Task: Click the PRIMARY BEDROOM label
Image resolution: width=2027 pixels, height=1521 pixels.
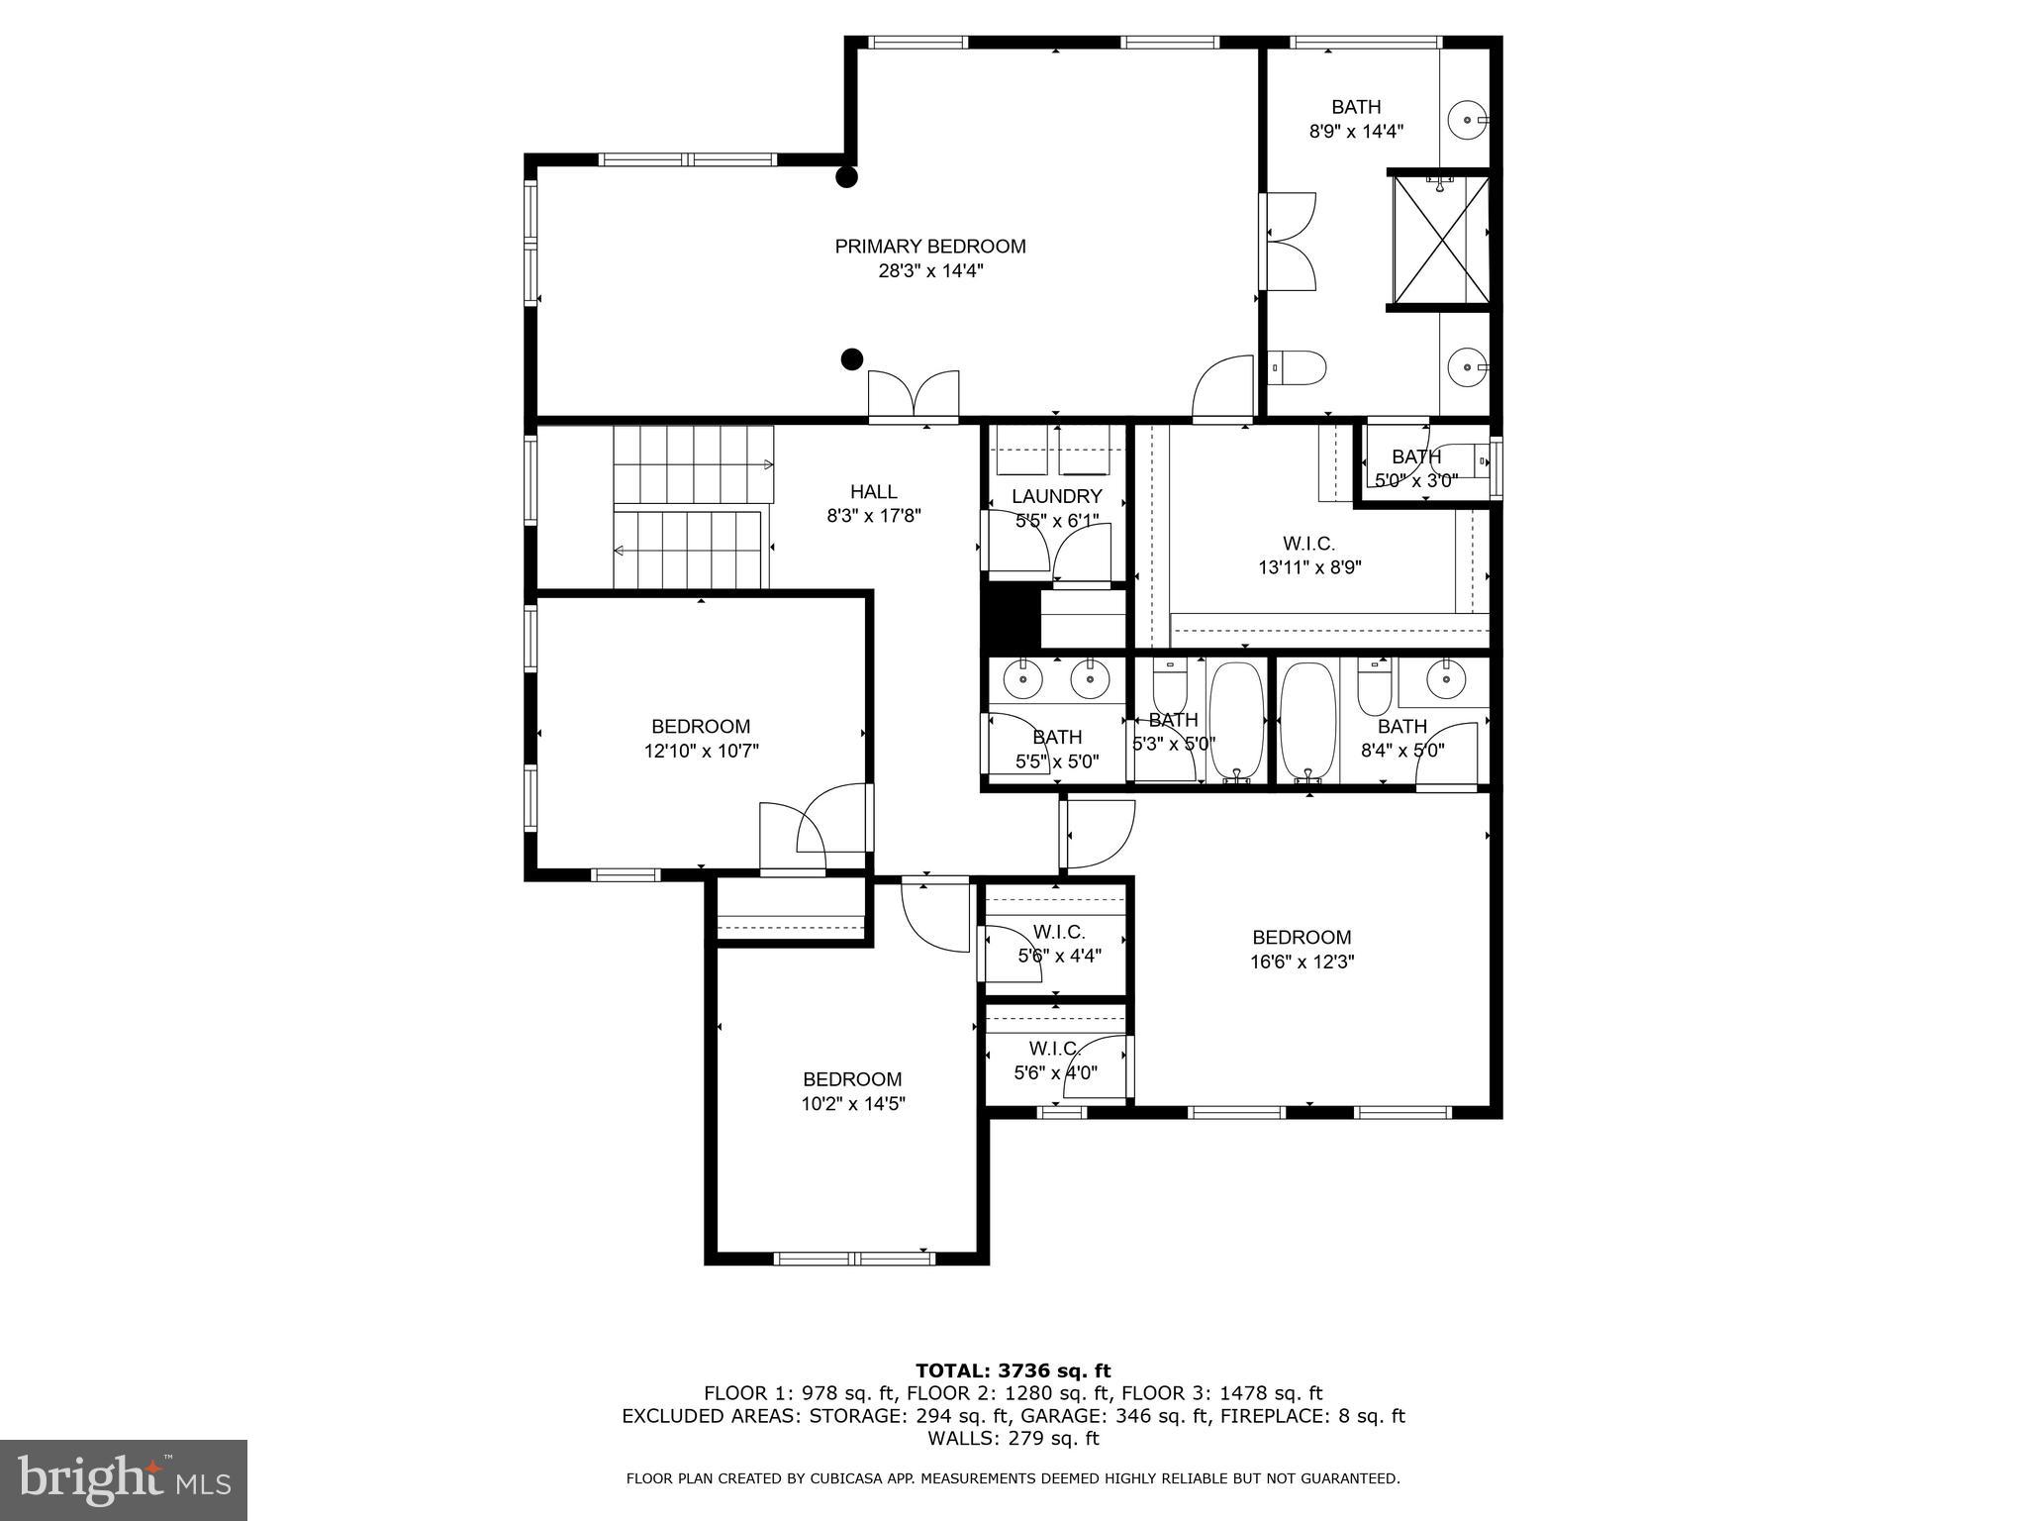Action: click(929, 247)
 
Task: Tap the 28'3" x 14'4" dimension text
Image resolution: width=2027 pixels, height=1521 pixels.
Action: click(929, 270)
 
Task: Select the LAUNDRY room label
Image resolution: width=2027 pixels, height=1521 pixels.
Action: click(1056, 496)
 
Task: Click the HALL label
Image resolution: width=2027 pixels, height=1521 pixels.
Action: click(873, 491)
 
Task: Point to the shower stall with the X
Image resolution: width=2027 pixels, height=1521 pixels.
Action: click(1440, 240)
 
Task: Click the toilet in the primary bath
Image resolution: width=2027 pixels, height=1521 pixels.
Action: click(1298, 368)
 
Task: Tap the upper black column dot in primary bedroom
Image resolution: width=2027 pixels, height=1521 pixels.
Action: click(846, 177)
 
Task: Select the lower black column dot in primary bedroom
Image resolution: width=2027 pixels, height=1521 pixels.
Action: click(851, 358)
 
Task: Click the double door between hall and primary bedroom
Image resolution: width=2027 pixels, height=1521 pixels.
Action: click(913, 398)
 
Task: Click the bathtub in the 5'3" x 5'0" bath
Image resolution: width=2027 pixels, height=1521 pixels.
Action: click(1236, 721)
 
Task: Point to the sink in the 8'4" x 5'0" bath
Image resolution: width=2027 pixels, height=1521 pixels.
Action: click(1446, 679)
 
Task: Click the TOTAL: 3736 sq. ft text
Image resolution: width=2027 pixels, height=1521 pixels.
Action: click(1013, 1370)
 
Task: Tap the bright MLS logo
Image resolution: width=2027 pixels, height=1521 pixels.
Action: click(124, 1479)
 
